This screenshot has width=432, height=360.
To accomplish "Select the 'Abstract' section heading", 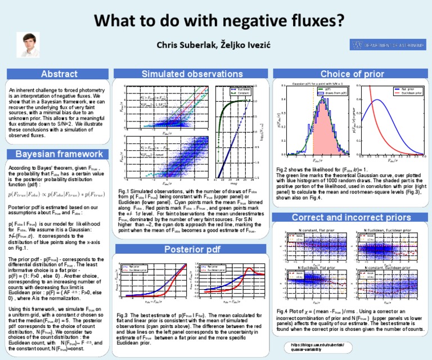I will pyautogui.click(x=59, y=74).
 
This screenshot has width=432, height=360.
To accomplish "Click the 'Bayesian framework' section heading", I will pyautogui.click(x=59, y=154).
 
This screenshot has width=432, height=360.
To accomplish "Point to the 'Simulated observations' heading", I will pyautogui.click(x=188, y=74).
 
